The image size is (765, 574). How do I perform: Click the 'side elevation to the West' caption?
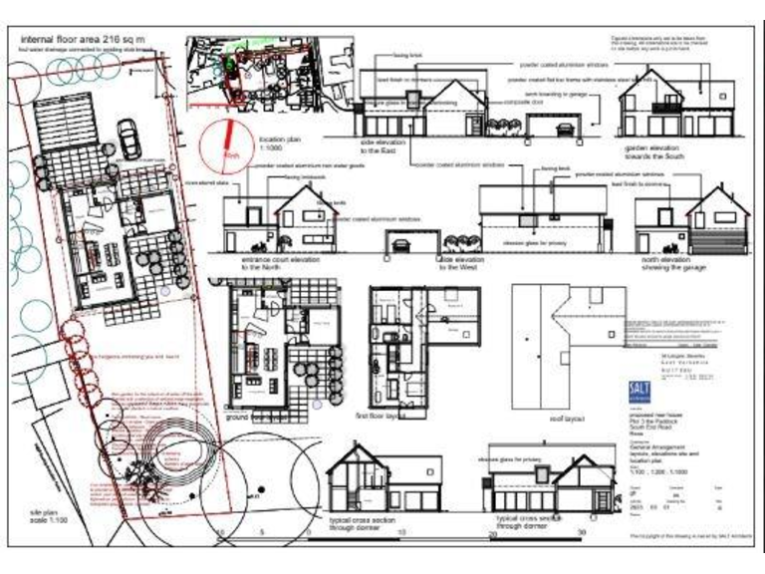coord(456,263)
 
